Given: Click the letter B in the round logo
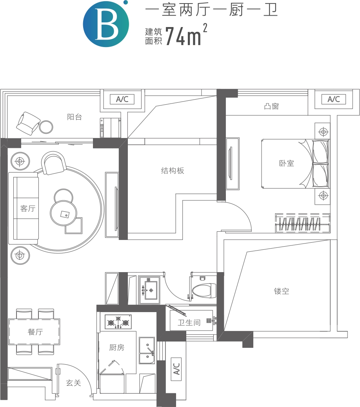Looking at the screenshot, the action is point(106,24).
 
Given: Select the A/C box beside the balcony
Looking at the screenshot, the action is point(122,99).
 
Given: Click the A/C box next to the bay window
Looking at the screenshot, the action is point(333,99).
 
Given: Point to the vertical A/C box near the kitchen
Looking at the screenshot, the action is point(176,369).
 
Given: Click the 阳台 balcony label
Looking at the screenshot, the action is point(75,117).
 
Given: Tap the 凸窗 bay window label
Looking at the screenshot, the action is point(271,106).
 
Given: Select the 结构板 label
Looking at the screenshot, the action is point(173,171).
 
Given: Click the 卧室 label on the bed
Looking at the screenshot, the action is point(287,163).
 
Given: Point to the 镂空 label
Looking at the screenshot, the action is point(282,291).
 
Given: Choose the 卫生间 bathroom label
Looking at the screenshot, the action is point(189,323).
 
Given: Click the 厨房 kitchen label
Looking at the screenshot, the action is point(117,347).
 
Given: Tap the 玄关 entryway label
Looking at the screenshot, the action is point(73,383).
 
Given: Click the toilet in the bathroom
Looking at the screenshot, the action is point(204,290).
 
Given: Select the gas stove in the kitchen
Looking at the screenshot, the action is point(118,322).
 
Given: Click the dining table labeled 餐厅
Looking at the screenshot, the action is point(34,332).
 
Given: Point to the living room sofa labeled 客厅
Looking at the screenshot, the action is point(24,209).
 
